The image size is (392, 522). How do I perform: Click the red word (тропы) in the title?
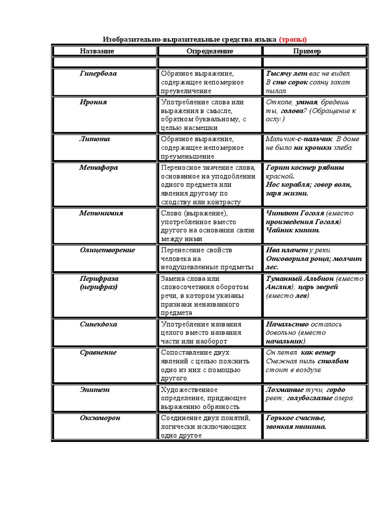coord(292,39)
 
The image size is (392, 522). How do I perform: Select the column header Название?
coord(96,51)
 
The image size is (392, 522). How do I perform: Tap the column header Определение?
coord(209,51)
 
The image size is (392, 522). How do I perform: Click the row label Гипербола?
coord(98,73)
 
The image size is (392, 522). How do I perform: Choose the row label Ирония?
coord(93,102)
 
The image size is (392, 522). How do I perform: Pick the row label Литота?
coord(94,139)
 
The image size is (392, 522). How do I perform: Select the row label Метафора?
coord(99,167)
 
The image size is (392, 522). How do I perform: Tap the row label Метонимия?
coord(101,213)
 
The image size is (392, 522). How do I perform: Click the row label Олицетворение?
coord(107,250)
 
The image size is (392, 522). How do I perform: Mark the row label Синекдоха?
coord(99,324)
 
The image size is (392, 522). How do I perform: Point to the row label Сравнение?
coord(98,352)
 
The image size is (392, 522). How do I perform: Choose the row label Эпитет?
coord(94,389)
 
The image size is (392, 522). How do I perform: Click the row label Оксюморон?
coord(100,418)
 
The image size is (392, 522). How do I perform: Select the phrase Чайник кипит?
coord(292,230)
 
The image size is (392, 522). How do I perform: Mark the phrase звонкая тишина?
coord(296,427)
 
